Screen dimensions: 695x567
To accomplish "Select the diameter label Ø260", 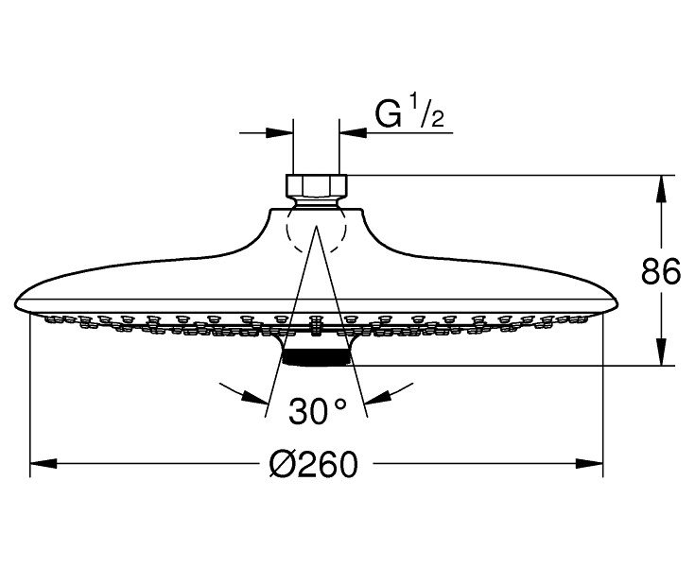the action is [x=313, y=464].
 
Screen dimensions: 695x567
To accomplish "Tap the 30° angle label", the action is [x=317, y=411].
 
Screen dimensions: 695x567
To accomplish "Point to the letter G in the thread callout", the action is [x=389, y=114].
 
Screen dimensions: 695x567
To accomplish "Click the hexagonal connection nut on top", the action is [x=317, y=186].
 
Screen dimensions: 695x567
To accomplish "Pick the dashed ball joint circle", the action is [x=316, y=228].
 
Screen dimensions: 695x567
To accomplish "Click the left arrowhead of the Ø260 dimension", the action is [x=43, y=464].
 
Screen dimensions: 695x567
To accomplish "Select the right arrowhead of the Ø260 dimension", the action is [x=589, y=464].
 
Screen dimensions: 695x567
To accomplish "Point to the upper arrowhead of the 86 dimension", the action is [x=661, y=189].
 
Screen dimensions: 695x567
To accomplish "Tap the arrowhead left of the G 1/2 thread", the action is [x=279, y=132].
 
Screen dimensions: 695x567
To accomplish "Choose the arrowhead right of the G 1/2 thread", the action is [x=353, y=132].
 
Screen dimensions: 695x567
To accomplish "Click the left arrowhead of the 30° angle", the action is [x=255, y=397].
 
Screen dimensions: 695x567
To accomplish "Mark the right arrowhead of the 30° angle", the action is [x=377, y=397].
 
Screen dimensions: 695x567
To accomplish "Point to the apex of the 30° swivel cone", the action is [x=316, y=226].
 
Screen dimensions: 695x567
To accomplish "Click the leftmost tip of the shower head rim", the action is [x=14, y=304].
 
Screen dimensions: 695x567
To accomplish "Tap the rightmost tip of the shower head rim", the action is [x=617, y=304].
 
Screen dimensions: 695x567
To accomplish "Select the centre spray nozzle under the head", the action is [x=316, y=325].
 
